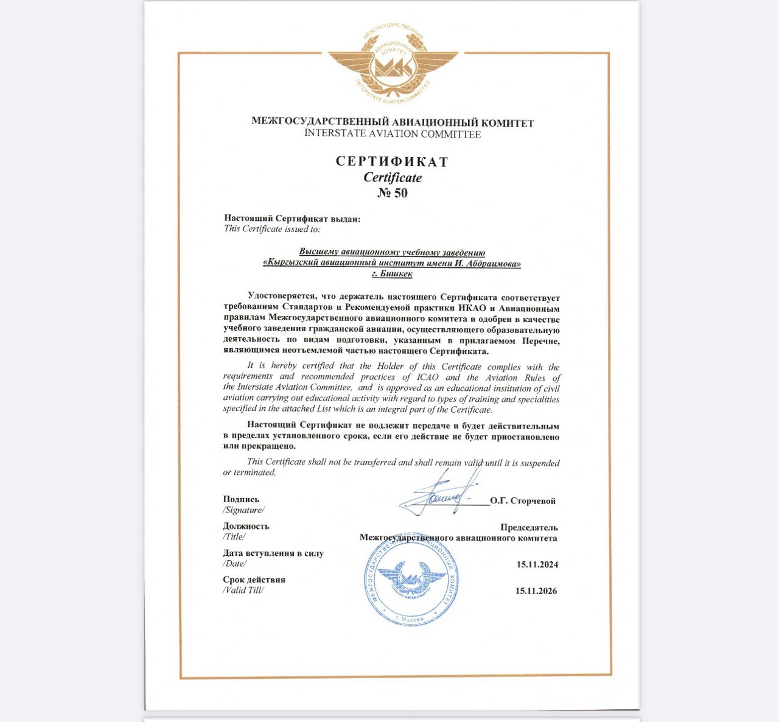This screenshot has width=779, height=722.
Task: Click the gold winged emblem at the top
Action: [393, 63]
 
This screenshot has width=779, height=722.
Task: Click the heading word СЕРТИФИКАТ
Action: [393, 162]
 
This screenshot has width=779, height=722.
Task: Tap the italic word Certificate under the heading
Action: [393, 178]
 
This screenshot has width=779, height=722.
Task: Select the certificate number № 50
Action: [393, 194]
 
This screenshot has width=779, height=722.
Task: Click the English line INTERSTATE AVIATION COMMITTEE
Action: [393, 134]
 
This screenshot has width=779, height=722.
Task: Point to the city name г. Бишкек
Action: [392, 274]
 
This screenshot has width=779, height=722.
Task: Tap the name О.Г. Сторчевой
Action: [523, 501]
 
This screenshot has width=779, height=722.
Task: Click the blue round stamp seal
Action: [412, 581]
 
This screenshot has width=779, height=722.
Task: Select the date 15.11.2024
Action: [537, 564]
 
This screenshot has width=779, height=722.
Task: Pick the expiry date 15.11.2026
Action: [536, 591]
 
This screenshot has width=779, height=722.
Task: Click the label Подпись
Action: [241, 499]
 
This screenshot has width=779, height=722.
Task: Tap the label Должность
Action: [246, 526]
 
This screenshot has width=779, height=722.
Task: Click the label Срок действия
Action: [254, 580]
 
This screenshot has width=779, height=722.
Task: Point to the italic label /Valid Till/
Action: [243, 590]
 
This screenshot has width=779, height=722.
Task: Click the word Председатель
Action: [529, 527]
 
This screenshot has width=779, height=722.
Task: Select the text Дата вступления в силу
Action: [273, 553]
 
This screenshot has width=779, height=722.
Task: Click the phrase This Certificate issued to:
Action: [271, 229]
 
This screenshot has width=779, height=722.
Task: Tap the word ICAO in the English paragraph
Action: [427, 377]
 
